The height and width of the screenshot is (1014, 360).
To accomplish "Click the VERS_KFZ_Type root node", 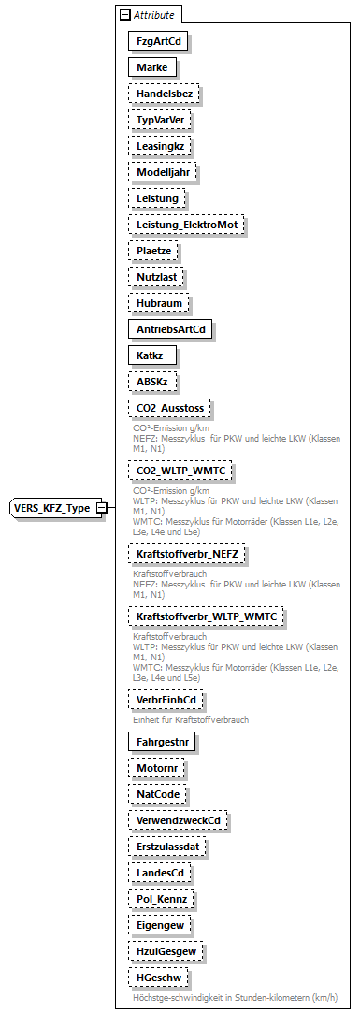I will pos(51,508).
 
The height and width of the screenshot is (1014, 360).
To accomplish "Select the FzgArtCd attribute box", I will pos(155,41).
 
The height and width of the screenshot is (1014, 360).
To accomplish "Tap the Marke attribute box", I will pos(151,67).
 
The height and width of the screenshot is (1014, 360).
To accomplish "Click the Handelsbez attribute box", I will pos(164,94).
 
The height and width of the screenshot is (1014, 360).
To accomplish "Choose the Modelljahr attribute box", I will pos(163,172).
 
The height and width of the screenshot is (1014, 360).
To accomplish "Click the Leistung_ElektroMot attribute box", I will pos(186,225).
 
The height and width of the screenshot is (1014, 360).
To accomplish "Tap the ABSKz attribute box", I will pos(152,382).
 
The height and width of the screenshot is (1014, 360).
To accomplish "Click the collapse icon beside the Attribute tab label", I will pos(124,15).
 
